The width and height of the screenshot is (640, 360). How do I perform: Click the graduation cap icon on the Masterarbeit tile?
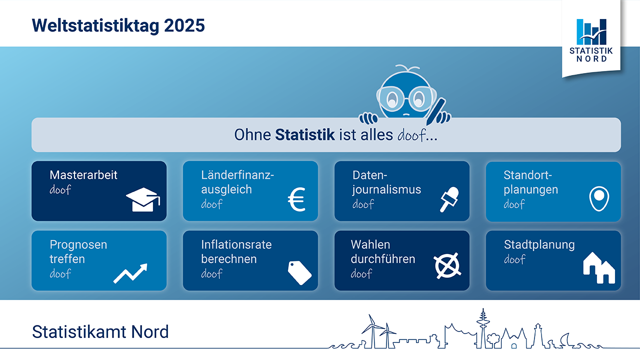[143, 199]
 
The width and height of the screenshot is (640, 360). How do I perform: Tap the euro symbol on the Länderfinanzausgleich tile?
[296, 199]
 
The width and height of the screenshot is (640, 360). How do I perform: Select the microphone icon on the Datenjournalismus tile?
[449, 199]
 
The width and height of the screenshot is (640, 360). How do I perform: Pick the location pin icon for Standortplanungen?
[599, 198]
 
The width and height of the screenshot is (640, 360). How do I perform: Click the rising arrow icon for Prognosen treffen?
[130, 273]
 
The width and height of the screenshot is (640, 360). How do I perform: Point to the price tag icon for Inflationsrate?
[299, 272]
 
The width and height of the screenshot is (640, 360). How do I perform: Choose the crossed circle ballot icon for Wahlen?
[447, 265]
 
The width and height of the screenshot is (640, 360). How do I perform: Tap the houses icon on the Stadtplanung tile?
[599, 268]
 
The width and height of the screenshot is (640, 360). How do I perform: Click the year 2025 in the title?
[184, 25]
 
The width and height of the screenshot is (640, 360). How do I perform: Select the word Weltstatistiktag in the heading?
[95, 26]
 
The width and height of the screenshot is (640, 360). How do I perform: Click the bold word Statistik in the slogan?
[305, 134]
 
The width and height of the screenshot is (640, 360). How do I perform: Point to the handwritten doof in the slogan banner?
[411, 135]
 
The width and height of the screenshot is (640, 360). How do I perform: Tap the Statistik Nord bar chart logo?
[591, 31]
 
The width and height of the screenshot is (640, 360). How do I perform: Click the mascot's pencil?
[435, 111]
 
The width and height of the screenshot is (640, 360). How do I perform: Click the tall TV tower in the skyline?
[483, 328]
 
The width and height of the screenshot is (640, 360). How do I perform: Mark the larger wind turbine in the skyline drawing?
[372, 331]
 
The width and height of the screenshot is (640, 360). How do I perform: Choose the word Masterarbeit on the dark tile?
[83, 175]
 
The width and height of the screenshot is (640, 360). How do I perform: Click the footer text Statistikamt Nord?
[100, 331]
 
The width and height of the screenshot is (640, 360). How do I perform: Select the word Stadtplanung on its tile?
[539, 245]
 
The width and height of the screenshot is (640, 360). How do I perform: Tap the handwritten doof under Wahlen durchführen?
[361, 273]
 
